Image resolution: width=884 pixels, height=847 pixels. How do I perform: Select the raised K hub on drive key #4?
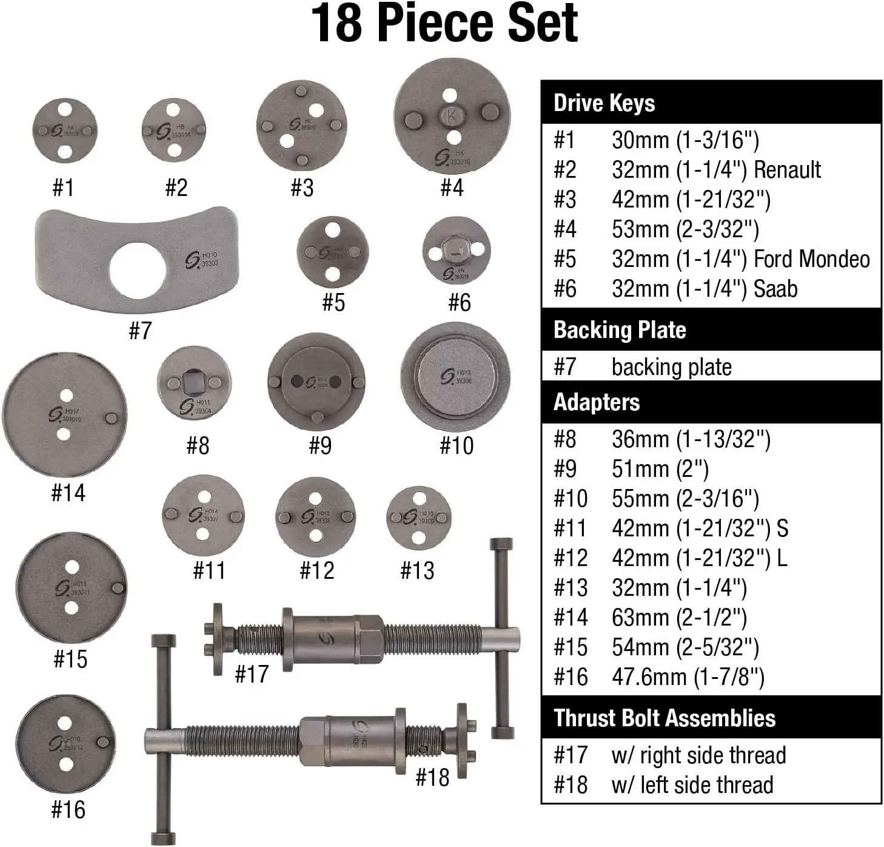pos(452,115)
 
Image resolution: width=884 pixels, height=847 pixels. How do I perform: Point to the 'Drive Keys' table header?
pos(604,103)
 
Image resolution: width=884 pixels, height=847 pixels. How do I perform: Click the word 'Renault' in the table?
pos(786,170)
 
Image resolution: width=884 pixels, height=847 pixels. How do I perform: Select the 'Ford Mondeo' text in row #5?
pos(811,259)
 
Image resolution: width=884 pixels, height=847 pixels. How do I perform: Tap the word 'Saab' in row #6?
pos(775,289)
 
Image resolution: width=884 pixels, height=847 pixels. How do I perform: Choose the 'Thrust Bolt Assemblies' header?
pos(664,718)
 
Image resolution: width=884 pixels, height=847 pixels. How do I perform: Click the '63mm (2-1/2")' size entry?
pos(679,618)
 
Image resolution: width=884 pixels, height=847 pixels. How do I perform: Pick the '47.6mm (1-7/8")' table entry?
pos(688,677)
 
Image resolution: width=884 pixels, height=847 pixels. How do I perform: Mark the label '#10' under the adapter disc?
pos(457,446)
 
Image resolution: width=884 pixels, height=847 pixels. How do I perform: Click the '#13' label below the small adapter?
pos(417,570)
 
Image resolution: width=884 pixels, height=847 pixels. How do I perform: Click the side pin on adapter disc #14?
pos(112,418)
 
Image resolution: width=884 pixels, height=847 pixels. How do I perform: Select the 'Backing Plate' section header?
pos(620,330)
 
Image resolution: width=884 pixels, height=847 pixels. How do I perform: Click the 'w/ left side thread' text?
pos(692,785)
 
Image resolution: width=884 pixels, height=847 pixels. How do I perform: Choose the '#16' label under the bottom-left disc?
pos(69,809)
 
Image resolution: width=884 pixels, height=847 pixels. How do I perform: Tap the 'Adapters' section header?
pos(597,402)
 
